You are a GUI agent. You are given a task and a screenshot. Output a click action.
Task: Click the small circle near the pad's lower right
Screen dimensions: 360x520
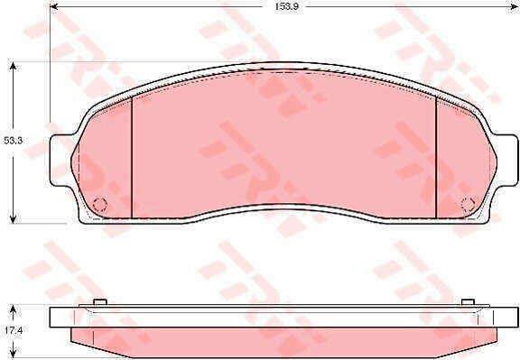468,203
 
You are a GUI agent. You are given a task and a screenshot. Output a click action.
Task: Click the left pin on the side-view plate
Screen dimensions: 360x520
101,301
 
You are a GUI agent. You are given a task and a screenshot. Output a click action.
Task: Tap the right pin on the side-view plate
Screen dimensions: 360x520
467,301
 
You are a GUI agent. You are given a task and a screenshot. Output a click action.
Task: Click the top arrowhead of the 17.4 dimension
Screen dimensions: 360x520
14,308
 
